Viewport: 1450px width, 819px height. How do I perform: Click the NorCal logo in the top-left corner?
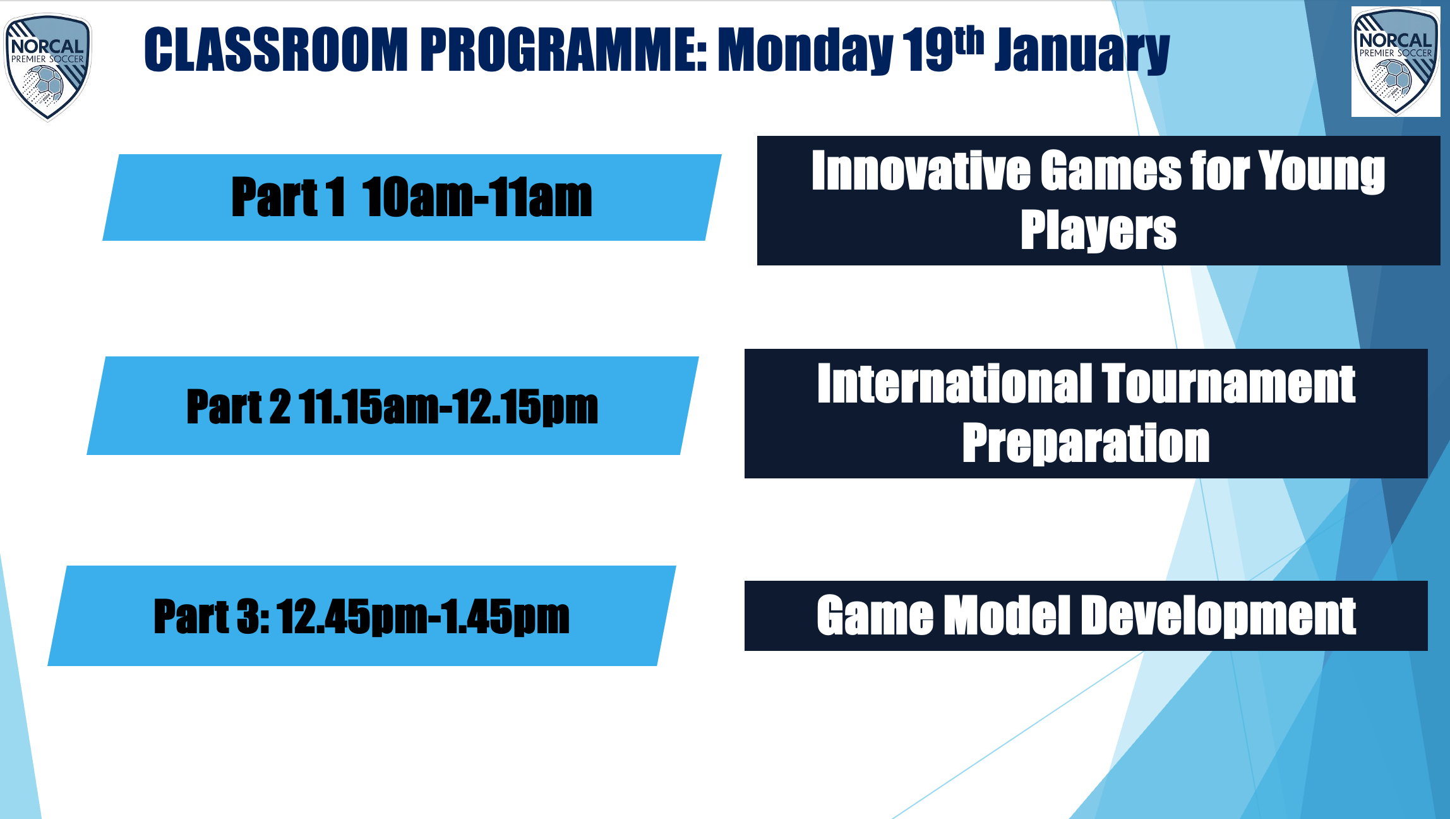point(48,67)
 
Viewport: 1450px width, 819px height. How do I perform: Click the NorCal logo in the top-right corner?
point(1396,61)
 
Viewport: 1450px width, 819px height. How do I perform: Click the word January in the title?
point(1082,51)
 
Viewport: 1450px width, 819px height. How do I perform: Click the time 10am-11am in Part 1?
point(477,198)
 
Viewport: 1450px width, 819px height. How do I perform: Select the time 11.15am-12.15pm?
point(448,407)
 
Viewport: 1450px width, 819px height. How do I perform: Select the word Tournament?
point(1229,384)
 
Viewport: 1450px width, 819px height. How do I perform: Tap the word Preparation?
point(1086,444)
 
